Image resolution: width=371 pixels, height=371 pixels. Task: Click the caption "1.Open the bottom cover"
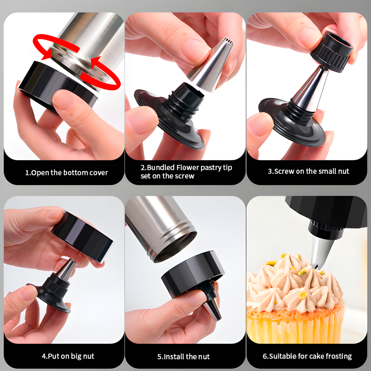(66, 173)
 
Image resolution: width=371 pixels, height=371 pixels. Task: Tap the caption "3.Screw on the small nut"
(309, 171)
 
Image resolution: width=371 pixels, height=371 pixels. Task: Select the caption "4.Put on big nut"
(68, 356)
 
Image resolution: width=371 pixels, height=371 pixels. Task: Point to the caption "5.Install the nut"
(183, 356)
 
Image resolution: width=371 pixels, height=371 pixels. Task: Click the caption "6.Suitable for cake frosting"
(307, 356)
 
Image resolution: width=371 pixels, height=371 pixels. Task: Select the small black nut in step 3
(331, 52)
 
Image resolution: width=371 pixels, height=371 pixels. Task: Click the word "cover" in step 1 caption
(99, 173)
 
